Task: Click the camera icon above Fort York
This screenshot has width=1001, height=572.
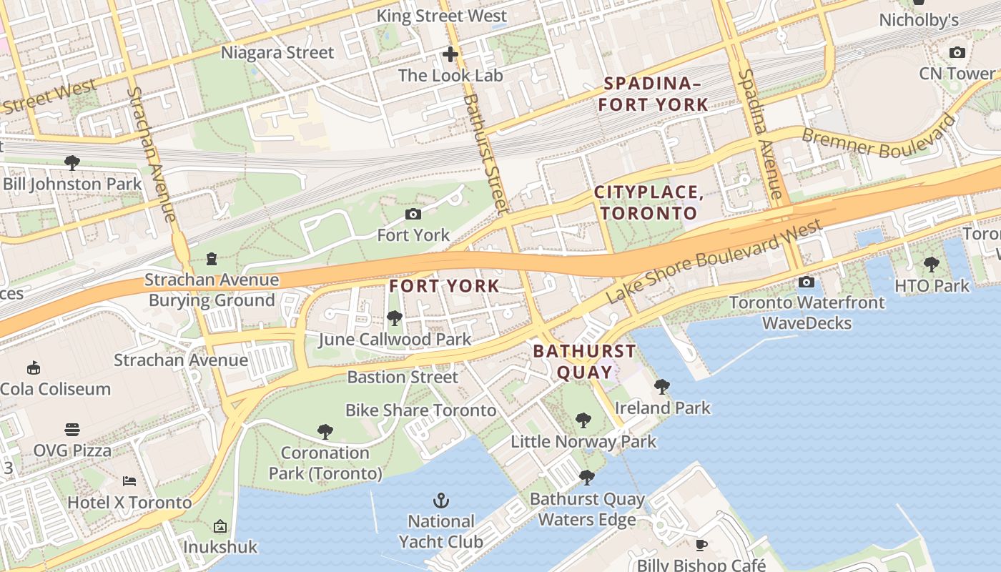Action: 413,214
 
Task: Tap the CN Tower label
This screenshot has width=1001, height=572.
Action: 957,73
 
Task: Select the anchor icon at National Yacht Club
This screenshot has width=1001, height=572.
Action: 441,500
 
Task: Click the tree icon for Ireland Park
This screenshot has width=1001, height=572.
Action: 662,387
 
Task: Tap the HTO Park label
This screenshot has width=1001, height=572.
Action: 932,286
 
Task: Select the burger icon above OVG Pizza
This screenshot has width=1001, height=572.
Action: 72,430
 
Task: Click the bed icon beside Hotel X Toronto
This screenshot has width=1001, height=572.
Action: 129,480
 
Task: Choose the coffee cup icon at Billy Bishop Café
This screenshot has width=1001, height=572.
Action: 701,545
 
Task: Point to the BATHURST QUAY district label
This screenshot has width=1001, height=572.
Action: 584,361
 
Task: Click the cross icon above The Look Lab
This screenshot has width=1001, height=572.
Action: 450,54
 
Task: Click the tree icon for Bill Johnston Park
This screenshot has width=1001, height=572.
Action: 72,163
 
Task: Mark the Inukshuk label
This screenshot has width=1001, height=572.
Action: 220,547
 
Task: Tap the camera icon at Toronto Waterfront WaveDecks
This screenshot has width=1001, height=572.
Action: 806,282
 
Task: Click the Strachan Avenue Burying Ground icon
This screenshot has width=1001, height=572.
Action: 212,258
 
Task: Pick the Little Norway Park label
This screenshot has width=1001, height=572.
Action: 583,441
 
